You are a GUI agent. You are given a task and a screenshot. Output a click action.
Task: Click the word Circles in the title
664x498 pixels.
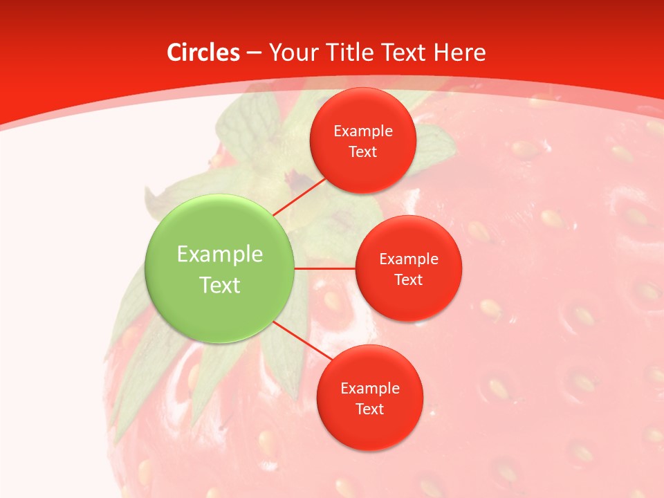[x=203, y=53]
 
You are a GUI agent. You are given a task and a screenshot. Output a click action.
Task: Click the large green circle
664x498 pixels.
[x=220, y=311]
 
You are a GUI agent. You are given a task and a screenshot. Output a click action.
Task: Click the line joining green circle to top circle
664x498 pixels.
[x=299, y=196]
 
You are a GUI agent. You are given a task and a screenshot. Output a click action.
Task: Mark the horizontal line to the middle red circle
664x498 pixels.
[x=324, y=268]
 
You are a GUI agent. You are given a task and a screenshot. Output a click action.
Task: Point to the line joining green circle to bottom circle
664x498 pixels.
[x=302, y=340]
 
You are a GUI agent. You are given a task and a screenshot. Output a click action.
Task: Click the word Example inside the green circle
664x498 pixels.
[x=220, y=255]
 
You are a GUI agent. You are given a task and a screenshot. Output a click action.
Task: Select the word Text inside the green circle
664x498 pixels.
[x=220, y=285]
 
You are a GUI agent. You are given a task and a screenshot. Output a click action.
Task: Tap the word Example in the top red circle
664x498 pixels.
[x=363, y=131]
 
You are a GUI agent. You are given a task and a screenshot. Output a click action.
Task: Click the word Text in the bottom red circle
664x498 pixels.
[x=370, y=409]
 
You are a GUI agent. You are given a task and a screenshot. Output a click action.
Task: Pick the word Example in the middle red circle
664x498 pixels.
[x=409, y=259]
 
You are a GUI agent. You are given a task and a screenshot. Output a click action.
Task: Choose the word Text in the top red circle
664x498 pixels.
[x=363, y=152]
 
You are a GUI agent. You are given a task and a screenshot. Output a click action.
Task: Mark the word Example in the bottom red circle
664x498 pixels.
[x=370, y=389]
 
